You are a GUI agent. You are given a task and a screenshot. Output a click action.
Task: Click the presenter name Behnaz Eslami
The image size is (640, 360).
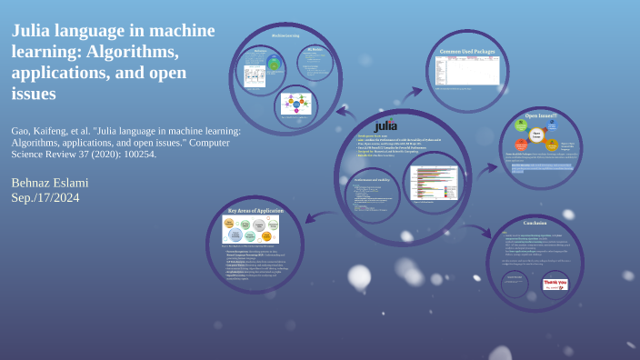click(x=50, y=183)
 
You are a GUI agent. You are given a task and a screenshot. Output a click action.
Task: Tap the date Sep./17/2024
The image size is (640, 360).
click(x=45, y=198)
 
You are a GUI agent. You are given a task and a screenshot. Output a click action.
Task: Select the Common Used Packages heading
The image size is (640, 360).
click(x=466, y=52)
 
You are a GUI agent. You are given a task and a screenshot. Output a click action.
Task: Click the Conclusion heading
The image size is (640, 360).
click(x=535, y=223)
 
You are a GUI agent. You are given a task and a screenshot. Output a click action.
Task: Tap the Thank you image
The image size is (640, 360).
click(x=555, y=284)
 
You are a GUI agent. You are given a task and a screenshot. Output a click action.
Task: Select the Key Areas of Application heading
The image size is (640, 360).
click(x=256, y=209)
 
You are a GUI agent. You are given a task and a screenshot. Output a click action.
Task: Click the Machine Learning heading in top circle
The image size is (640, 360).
click(x=286, y=35)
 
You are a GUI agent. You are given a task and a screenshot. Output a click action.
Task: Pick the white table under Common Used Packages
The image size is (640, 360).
click(x=466, y=72)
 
